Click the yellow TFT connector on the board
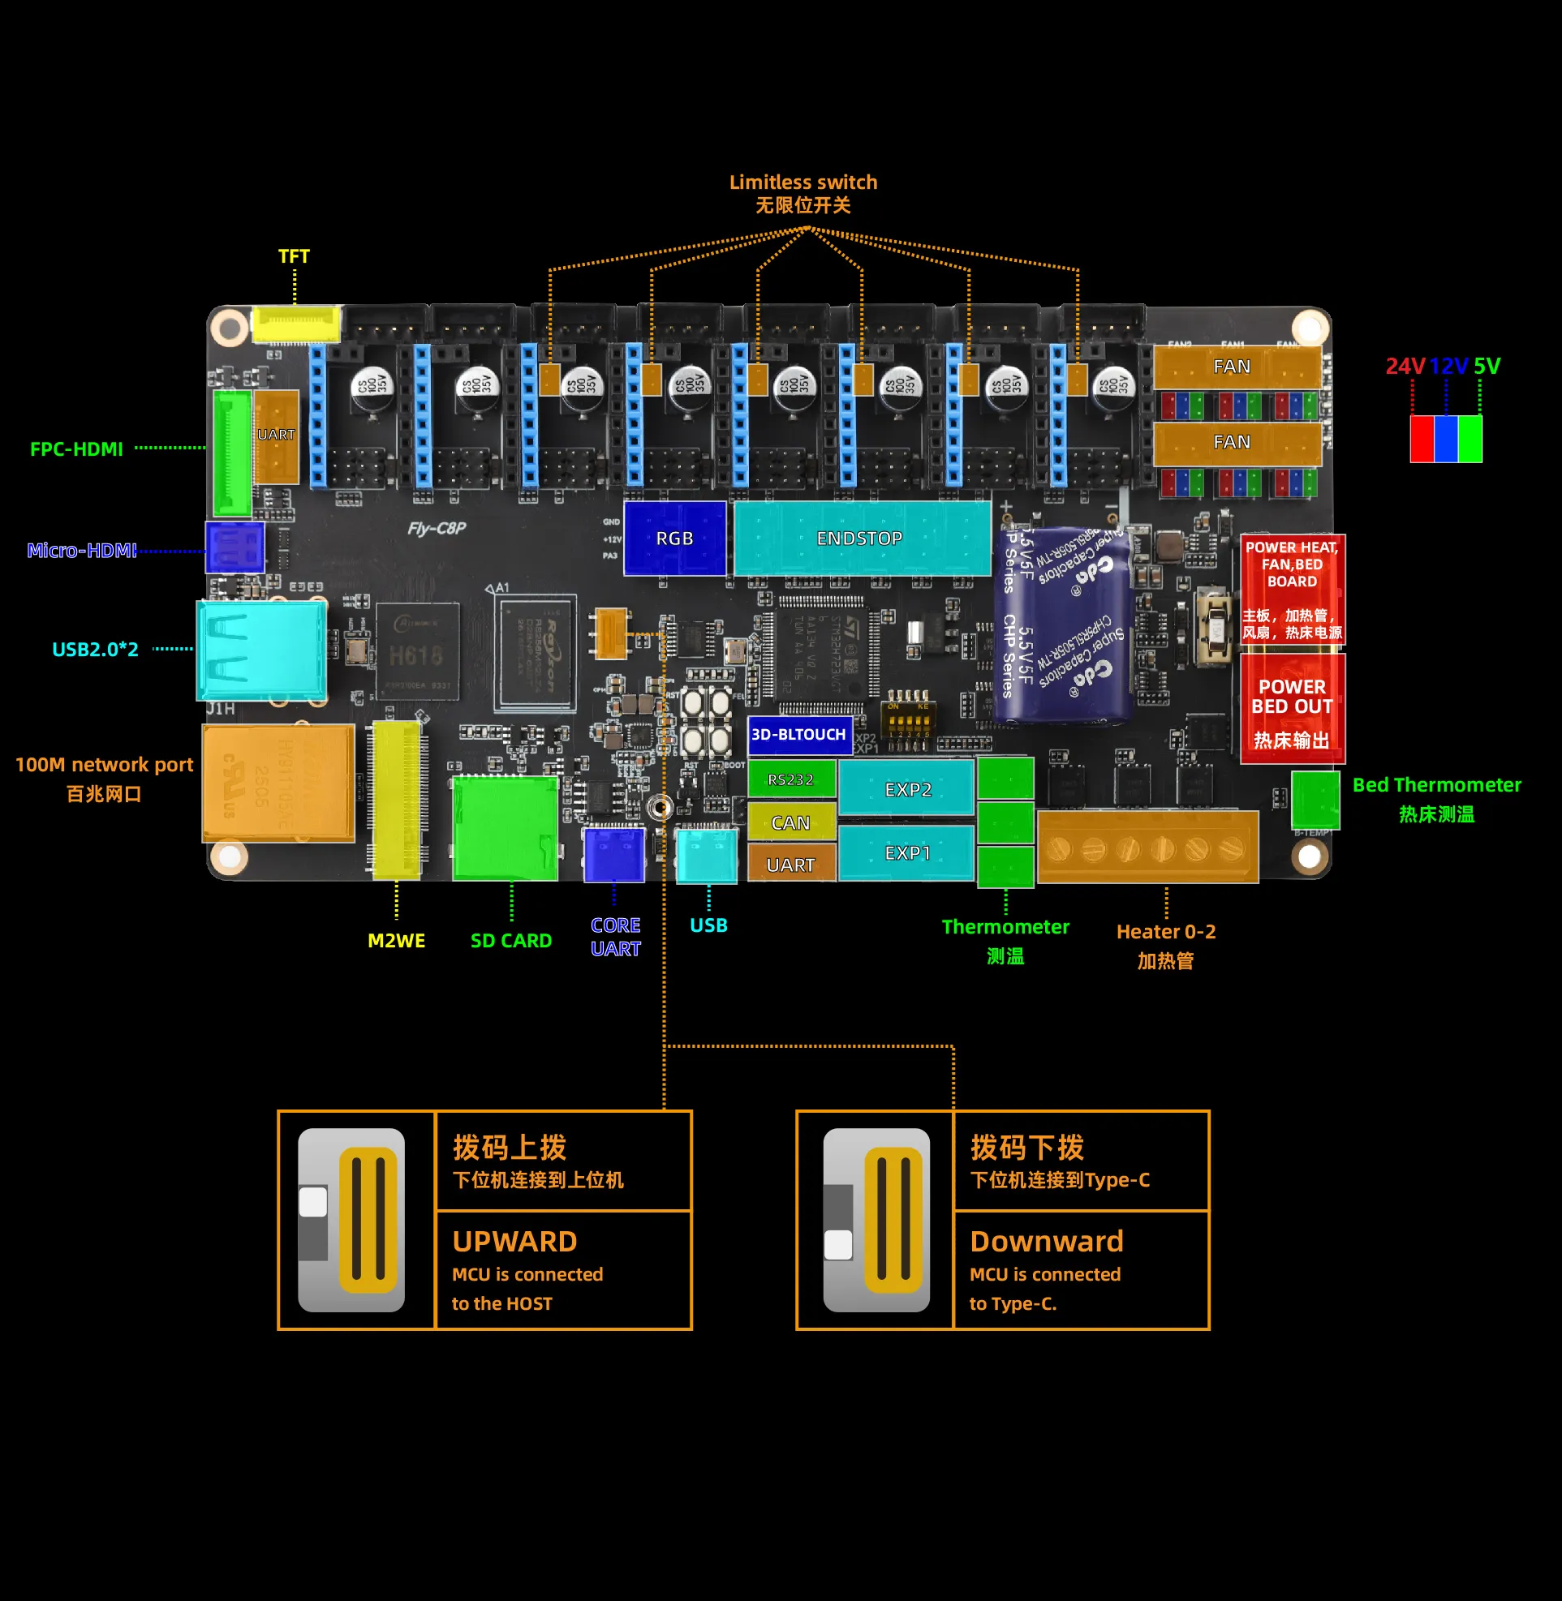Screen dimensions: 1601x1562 coord(295,324)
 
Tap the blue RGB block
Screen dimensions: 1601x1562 coord(674,538)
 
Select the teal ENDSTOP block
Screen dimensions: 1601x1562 coord(862,538)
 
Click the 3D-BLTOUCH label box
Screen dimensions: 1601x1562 coord(799,734)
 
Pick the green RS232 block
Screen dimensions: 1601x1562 coord(791,779)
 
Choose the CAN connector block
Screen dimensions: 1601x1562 coord(791,822)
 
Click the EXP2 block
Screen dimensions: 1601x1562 coord(906,789)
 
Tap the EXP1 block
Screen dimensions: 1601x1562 coord(906,853)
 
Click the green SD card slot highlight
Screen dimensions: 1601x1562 coord(506,828)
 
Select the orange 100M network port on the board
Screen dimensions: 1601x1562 coord(278,783)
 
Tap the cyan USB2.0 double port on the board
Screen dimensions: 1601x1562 coord(262,650)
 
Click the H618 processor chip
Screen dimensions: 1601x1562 coord(417,653)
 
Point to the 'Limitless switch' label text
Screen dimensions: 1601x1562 coord(803,182)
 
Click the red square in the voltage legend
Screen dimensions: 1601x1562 coord(1422,439)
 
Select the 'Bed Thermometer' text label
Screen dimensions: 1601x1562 coord(1436,785)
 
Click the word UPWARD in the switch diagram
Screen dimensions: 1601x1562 coord(514,1241)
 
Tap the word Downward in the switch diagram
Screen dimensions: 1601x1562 coord(1046,1241)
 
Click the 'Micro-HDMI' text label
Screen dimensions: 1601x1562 coord(82,551)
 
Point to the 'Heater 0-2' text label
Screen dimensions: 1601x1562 coord(1166,932)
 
